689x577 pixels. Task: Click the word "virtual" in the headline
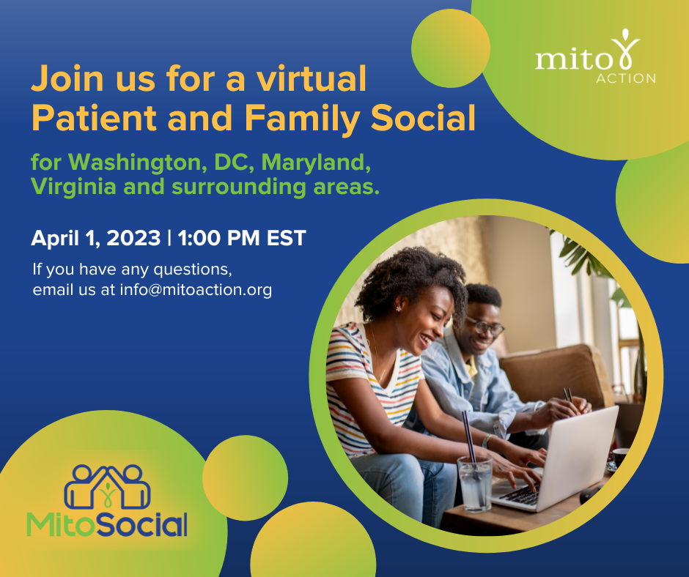pos(311,78)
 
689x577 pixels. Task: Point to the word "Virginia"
pos(73,187)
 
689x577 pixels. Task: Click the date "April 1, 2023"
pos(96,238)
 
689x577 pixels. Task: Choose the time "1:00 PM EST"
pos(242,238)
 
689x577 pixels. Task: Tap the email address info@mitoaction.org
pos(196,290)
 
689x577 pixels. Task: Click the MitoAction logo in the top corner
pos(595,57)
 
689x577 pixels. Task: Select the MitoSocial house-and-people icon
pos(108,486)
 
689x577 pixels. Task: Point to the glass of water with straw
pos(474,482)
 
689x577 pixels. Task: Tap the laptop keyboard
pos(521,495)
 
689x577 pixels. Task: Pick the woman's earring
pos(399,309)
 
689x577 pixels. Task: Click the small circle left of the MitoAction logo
pos(450,48)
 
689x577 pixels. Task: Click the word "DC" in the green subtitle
pos(232,163)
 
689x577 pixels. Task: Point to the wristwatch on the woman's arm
pos(486,440)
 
